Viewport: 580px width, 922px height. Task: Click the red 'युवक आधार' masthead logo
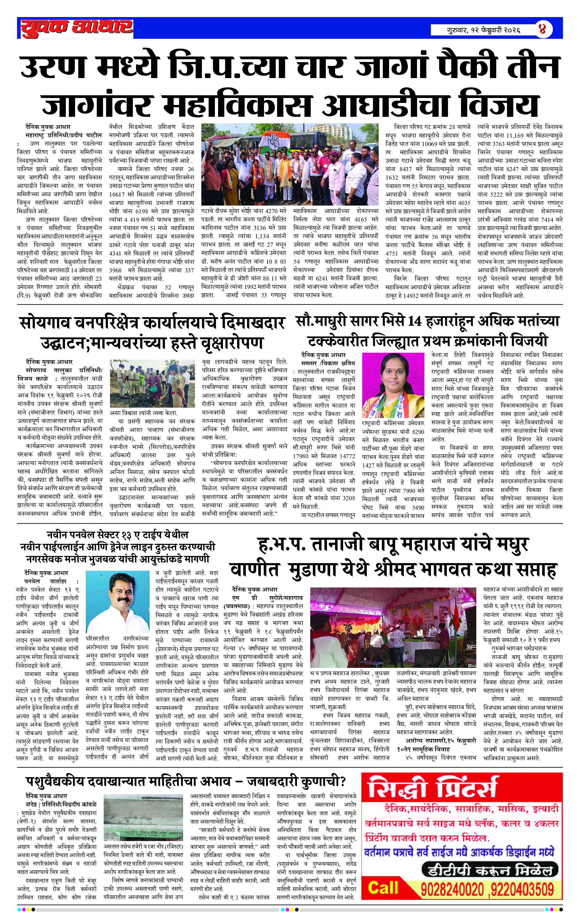pyautogui.click(x=77, y=28)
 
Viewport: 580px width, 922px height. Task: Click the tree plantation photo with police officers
pyautogui.click(x=152, y=383)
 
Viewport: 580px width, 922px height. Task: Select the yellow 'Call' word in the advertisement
pyautogui.click(x=383, y=888)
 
